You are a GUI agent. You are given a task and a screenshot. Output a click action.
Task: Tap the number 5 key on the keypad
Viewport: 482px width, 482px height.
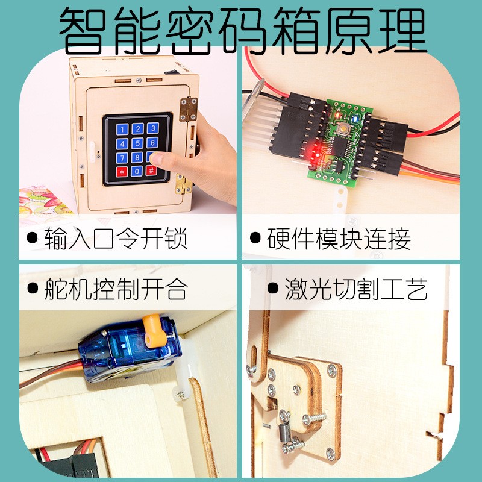[x=137, y=143]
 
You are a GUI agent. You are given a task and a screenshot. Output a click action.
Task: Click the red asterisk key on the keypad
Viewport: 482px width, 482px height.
[x=122, y=171]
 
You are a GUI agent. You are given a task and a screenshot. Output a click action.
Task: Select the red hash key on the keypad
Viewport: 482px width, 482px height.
[x=152, y=171]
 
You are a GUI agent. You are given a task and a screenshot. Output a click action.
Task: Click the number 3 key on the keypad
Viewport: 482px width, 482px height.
[x=153, y=128]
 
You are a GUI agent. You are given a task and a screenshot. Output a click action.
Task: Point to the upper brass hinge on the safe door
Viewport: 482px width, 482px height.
[x=187, y=108]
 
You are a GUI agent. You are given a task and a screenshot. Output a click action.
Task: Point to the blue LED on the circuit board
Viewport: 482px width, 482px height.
[x=357, y=119]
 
